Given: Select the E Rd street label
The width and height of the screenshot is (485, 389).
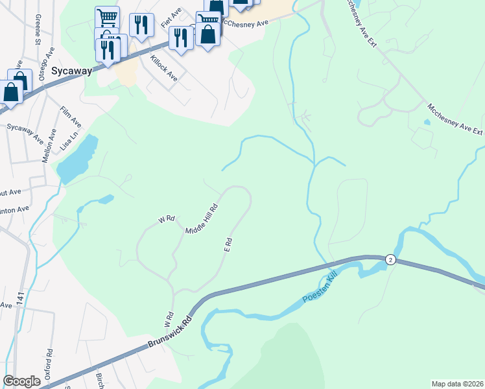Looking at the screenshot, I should (228, 244).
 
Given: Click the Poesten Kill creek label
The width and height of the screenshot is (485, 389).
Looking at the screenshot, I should (320, 290).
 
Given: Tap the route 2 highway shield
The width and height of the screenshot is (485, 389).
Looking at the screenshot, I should (390, 259).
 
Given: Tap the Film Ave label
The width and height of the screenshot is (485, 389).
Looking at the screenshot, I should (71, 117).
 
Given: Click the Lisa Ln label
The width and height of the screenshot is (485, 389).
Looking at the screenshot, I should (69, 140).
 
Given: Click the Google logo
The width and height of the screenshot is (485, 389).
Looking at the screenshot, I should (21, 381).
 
